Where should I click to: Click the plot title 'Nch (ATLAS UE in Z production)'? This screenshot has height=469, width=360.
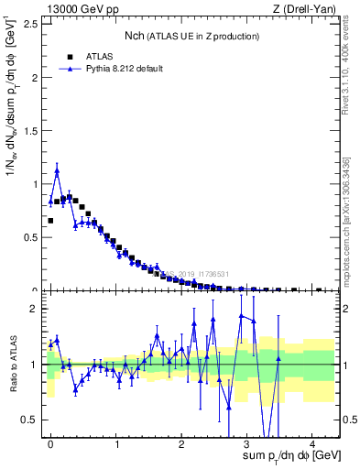coord(191,36)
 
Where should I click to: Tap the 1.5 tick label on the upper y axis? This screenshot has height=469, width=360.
coord(32,131)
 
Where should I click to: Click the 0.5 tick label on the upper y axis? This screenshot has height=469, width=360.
coord(32,237)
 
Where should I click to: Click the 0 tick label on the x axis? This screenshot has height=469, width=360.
coord(51,442)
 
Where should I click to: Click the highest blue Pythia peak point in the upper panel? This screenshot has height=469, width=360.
coord(57,170)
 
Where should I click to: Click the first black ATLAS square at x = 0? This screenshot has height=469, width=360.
coord(50,221)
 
